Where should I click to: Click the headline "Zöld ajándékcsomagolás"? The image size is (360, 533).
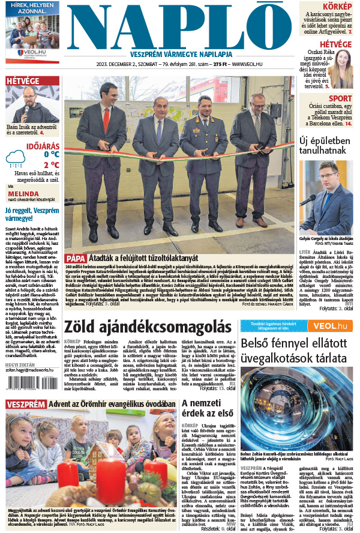click(147, 327)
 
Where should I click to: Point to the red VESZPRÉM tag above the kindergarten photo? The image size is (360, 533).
click(25, 405)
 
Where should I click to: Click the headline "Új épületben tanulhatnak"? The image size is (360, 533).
click(326, 146)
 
